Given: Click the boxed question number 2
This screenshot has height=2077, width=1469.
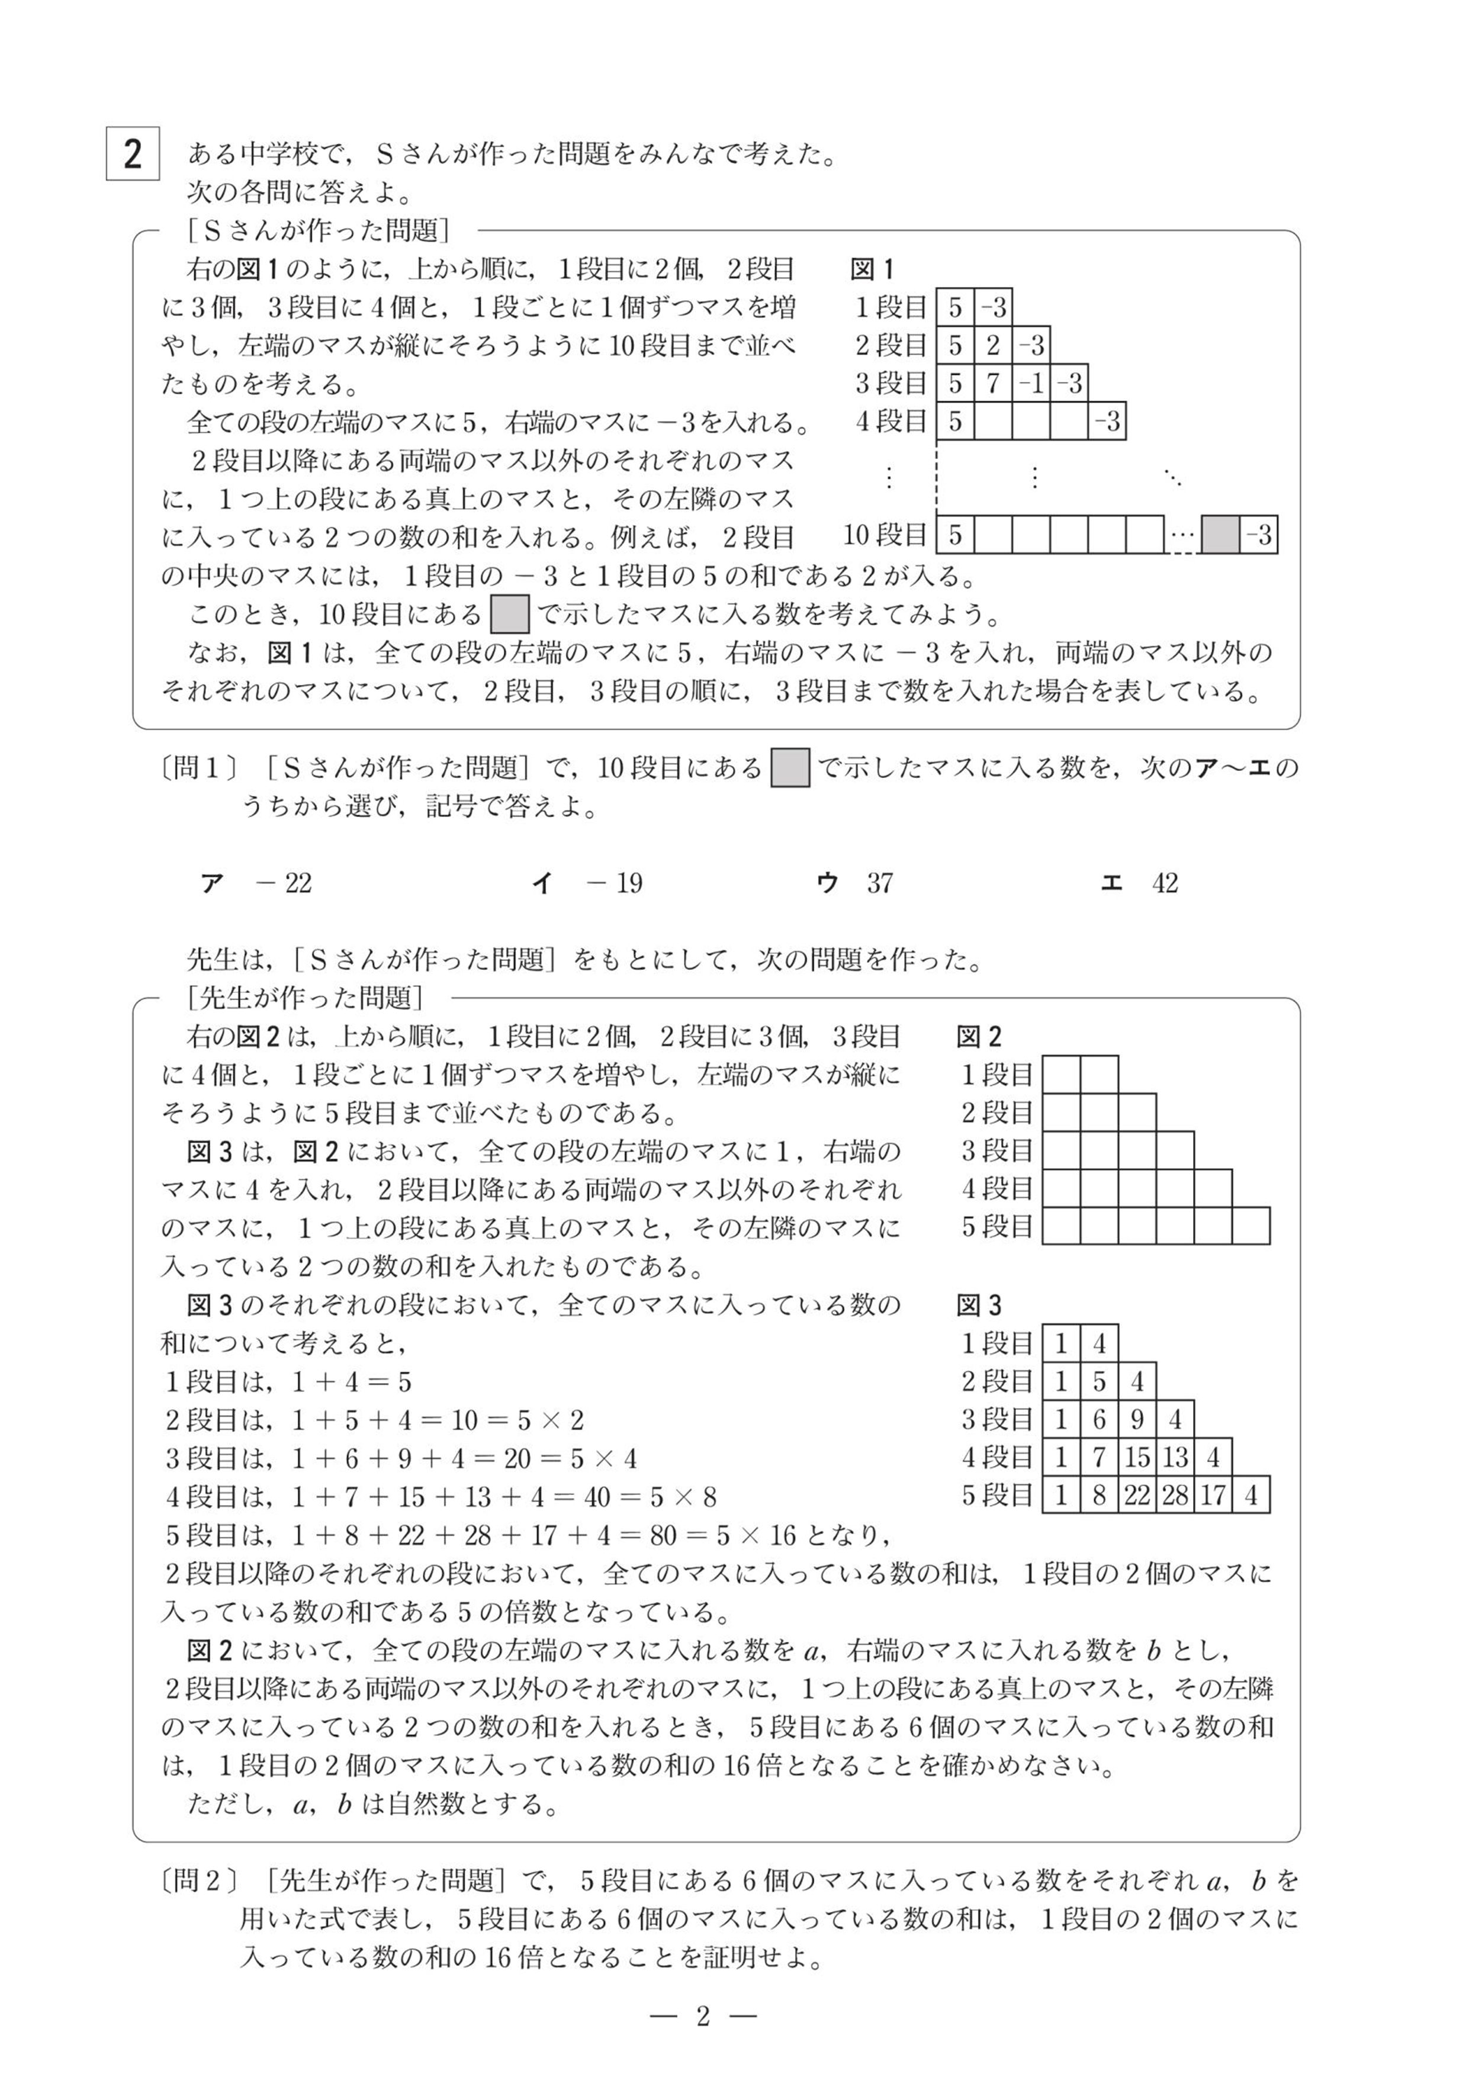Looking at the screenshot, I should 133,154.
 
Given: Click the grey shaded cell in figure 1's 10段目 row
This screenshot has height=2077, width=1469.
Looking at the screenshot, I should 1219,535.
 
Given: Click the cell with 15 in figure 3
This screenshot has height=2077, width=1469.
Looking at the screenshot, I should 1137,1457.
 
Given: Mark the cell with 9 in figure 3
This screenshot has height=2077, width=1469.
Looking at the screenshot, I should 1137,1419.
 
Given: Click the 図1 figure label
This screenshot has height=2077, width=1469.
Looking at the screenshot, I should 872,269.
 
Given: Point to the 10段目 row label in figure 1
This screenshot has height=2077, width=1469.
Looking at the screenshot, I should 885,535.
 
